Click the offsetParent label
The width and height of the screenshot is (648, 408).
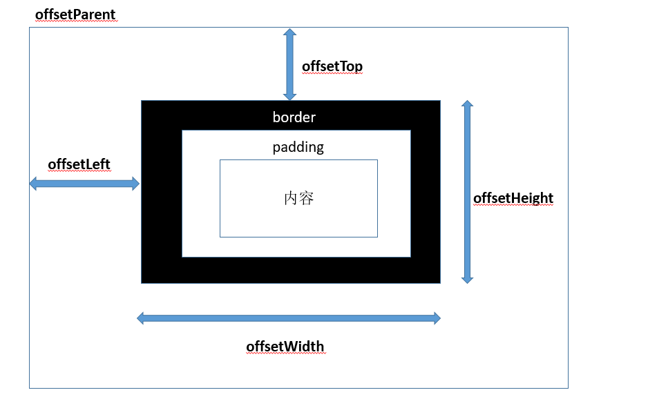point(75,14)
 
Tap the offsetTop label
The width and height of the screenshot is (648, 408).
point(332,66)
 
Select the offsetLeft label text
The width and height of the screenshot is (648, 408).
point(79,164)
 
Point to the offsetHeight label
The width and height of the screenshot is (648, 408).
point(513,199)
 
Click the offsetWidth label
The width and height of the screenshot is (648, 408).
point(285,346)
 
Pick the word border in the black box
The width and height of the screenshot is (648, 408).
point(294,117)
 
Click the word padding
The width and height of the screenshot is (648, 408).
point(298,147)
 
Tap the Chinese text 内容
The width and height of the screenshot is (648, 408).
point(299,198)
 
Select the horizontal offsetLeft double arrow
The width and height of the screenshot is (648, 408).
point(84,184)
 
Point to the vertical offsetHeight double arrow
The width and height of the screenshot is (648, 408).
point(468,192)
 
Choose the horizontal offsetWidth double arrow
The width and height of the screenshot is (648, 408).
point(289,318)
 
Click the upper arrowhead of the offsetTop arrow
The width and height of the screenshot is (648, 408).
point(290,32)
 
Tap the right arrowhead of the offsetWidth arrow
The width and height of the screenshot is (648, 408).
point(436,318)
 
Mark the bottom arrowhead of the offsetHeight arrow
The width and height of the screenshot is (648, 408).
point(468,279)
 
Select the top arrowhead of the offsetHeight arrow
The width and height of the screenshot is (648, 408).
point(468,105)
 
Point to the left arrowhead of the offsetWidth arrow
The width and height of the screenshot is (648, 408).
point(142,318)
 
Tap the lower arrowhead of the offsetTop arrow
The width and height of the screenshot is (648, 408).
point(290,96)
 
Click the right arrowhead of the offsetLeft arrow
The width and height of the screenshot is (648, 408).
point(135,184)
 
